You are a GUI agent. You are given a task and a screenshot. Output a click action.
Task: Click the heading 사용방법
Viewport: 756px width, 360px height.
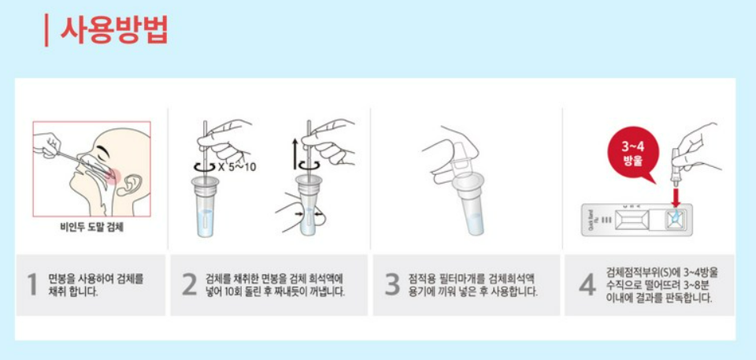click(114, 31)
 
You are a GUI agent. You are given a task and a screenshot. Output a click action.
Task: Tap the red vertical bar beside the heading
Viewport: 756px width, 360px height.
click(46, 31)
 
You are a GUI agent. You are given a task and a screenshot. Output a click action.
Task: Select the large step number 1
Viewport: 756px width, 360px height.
click(32, 284)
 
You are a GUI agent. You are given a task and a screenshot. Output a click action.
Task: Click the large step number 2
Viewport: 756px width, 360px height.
click(190, 284)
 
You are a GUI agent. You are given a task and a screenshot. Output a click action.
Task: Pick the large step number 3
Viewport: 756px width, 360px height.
click(392, 284)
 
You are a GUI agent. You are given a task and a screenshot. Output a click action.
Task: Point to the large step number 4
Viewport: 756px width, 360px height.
click(587, 284)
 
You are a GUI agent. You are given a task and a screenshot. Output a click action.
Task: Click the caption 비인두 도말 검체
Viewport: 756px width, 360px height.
click(92, 227)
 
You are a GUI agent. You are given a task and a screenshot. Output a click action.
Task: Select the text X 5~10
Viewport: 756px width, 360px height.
click(237, 167)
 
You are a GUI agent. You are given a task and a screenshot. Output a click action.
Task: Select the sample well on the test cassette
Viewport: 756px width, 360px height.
click(676, 220)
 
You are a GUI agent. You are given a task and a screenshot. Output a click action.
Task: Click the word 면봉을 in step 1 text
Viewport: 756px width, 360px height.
click(61, 280)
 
